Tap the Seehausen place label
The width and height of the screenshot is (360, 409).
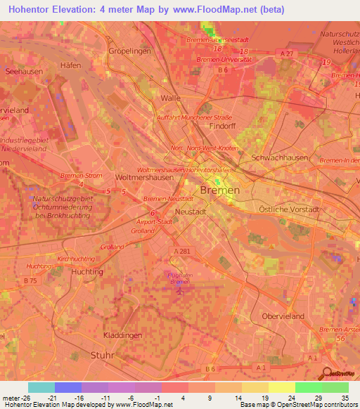pos(22,71)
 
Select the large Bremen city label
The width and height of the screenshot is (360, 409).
pos(219,190)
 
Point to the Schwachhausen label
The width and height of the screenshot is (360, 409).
pos(280,158)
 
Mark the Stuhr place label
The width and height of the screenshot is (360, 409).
pos(103,356)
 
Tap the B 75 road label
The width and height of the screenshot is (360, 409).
pos(30,280)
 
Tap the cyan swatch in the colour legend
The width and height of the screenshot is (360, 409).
pos(41,387)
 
